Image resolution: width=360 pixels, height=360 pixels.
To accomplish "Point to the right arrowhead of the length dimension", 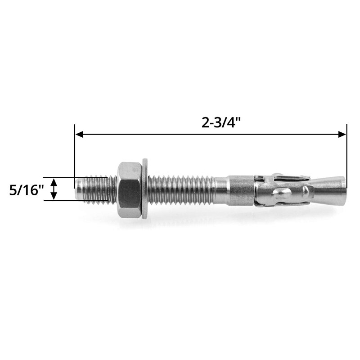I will [x=342, y=134].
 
